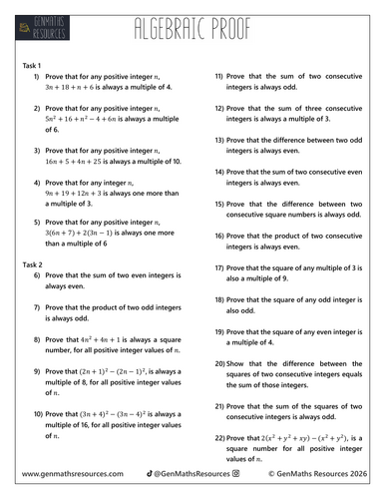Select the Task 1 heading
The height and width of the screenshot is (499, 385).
point(32,63)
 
